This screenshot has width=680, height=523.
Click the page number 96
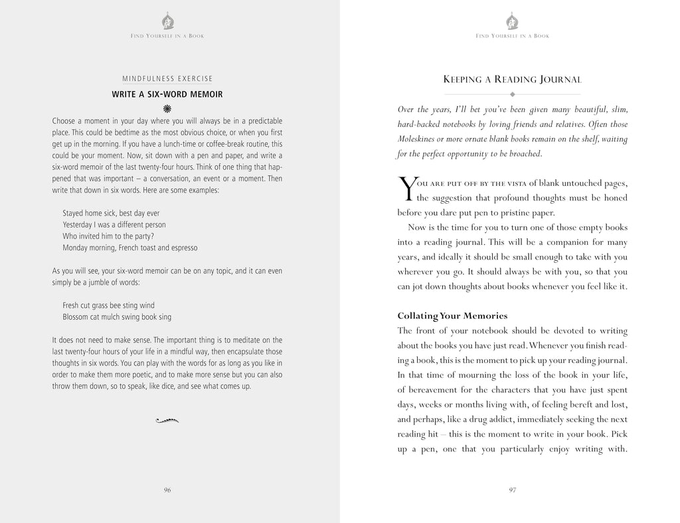167,490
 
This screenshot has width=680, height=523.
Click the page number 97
513,490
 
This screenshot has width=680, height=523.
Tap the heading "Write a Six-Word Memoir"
167,94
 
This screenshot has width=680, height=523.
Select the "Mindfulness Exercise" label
167,79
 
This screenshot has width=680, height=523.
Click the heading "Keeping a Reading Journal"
512,80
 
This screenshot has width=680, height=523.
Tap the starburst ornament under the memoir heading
167,108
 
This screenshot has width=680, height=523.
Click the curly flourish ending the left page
167,419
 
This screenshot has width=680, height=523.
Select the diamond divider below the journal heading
512,94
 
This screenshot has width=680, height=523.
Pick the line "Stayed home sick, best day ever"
111,213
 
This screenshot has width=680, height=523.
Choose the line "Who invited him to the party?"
108,236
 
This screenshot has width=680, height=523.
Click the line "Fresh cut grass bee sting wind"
108,305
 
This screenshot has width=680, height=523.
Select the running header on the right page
512,36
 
